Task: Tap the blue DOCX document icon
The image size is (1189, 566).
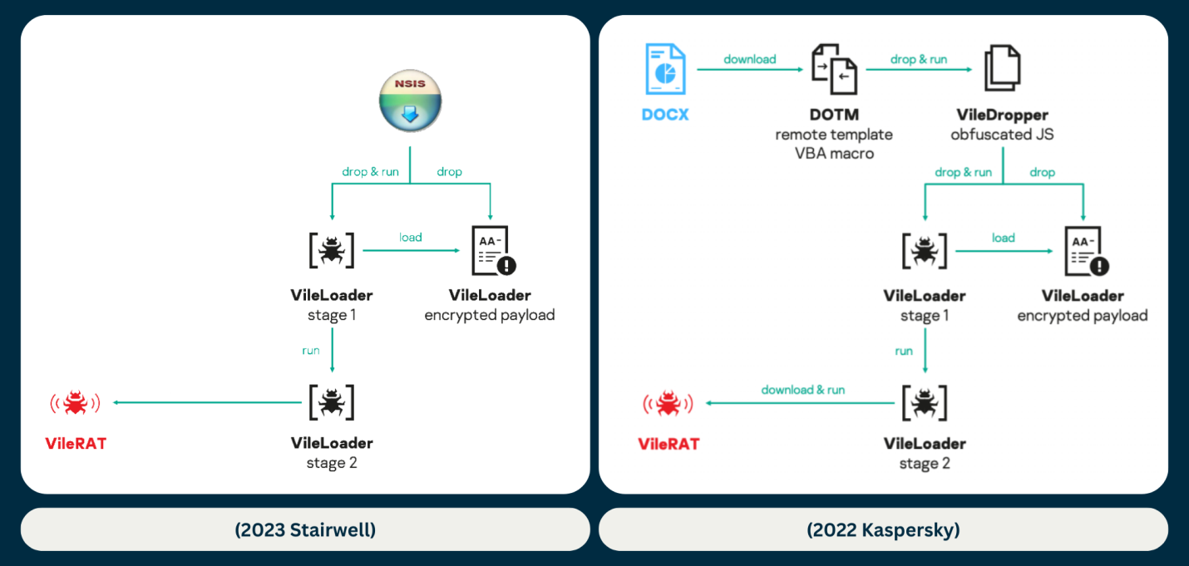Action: point(666,70)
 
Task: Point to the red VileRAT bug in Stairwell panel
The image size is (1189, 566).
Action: point(76,403)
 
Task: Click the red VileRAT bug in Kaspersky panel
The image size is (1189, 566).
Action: point(669,404)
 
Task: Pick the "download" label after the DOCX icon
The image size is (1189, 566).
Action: point(750,59)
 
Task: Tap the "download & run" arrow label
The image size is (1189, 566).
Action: point(803,390)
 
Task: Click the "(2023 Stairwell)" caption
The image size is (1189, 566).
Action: point(305,529)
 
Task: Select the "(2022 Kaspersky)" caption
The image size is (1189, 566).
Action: point(883,529)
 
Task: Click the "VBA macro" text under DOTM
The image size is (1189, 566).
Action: point(834,153)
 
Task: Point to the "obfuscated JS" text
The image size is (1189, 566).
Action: point(1002,134)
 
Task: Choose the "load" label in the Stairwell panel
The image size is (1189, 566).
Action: point(411,238)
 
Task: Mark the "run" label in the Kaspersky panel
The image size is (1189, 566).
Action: point(904,351)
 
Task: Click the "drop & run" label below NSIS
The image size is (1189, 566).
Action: point(370,172)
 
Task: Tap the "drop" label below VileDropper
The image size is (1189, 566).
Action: point(1042,173)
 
